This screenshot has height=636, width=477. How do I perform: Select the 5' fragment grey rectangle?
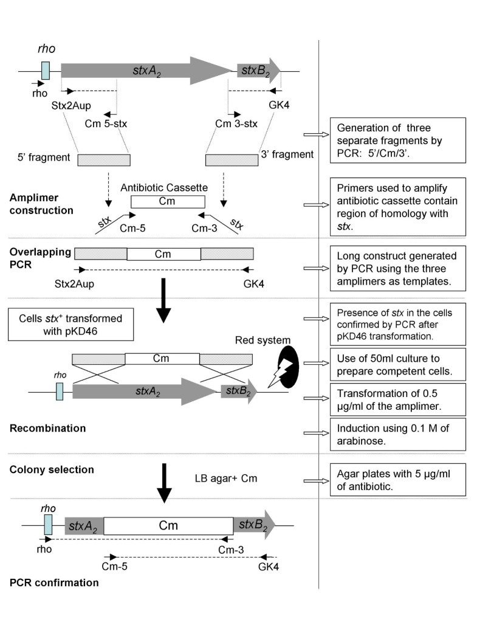coord(104,159)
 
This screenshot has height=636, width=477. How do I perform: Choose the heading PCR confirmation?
coord(54,582)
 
